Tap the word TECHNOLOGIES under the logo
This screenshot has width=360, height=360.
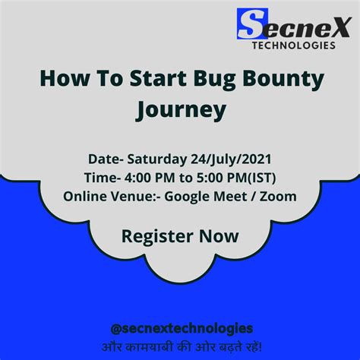[x=293, y=46]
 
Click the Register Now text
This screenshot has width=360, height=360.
[x=179, y=236]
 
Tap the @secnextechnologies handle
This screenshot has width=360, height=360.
[x=181, y=327]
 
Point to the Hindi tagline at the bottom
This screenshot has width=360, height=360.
[x=181, y=346]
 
